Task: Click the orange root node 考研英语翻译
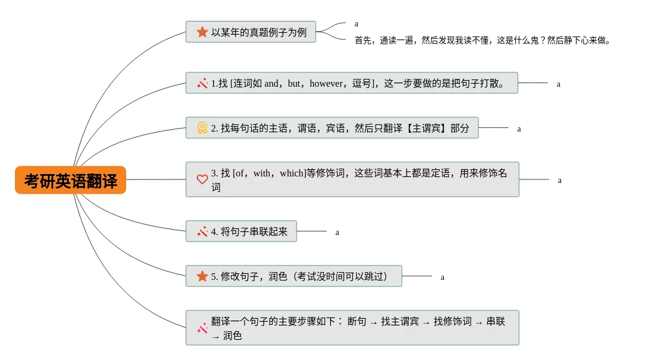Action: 71,180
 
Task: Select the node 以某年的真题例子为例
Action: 251,32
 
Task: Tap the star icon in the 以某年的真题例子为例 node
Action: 202,32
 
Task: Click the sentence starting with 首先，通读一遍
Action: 483,41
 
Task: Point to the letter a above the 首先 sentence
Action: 356,24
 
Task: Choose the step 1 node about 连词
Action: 352,83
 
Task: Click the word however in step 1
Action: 326,84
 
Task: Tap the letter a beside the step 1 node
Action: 559,84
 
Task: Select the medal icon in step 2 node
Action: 202,128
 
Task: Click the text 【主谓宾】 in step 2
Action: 427,128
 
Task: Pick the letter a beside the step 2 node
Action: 519,129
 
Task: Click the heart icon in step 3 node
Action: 202,179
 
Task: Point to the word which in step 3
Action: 292,173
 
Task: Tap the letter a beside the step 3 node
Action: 560,180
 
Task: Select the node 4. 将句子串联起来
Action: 241,231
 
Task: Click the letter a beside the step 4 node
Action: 337,233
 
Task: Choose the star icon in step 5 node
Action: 202,276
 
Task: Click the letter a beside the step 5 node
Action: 443,277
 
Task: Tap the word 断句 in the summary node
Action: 357,322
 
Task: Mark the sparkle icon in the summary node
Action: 202,328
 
